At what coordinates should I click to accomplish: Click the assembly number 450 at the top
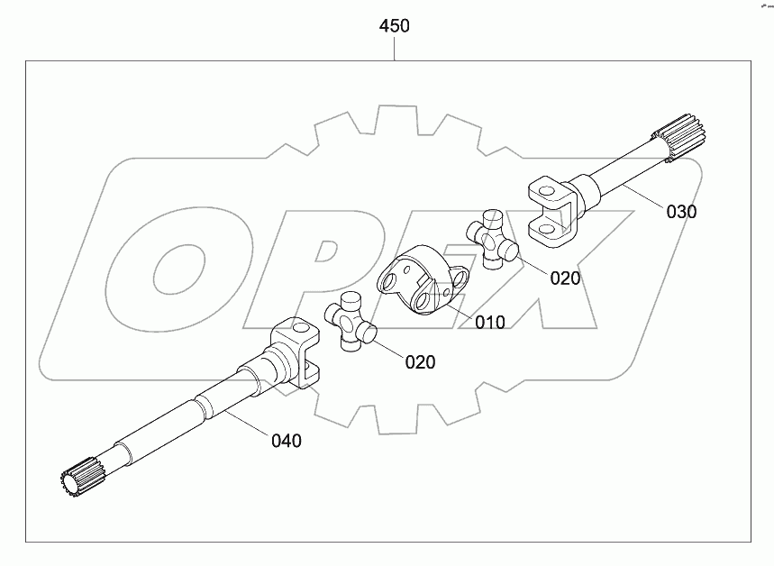point(395,26)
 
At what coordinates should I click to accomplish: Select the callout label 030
point(682,213)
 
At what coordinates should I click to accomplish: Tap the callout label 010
point(489,322)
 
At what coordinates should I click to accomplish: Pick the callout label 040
point(286,441)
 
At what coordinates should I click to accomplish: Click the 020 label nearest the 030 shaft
point(565,278)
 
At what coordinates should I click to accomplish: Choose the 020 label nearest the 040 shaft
point(420,362)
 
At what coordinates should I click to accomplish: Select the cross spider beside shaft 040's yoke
point(350,325)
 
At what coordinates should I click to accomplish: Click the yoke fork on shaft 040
point(295,352)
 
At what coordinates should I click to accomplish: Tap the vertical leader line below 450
point(395,49)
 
